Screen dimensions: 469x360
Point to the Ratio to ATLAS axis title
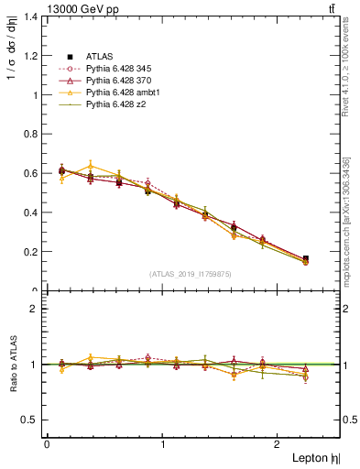[14, 364]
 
